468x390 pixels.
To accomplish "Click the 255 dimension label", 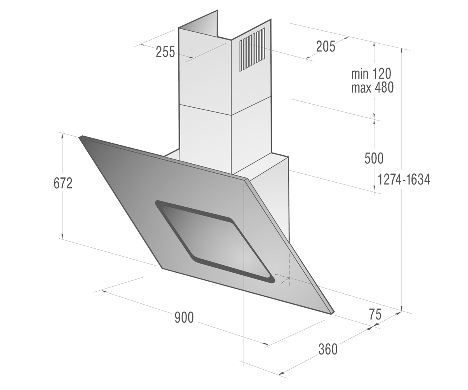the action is click(165, 52).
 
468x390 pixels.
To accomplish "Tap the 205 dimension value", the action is click(326, 47).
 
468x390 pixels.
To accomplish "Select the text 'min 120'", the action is click(371, 74).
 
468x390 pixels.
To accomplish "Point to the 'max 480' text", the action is click(372, 87).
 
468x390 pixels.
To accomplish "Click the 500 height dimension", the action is click(374, 158).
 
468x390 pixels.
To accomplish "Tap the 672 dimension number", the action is click(63, 183).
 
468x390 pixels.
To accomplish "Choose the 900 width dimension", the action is click(184, 317).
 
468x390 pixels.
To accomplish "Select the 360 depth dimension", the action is click(328, 349).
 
